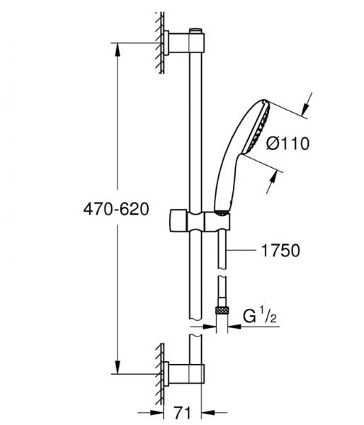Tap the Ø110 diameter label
pos(288,144)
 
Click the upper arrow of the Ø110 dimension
pos(305,106)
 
